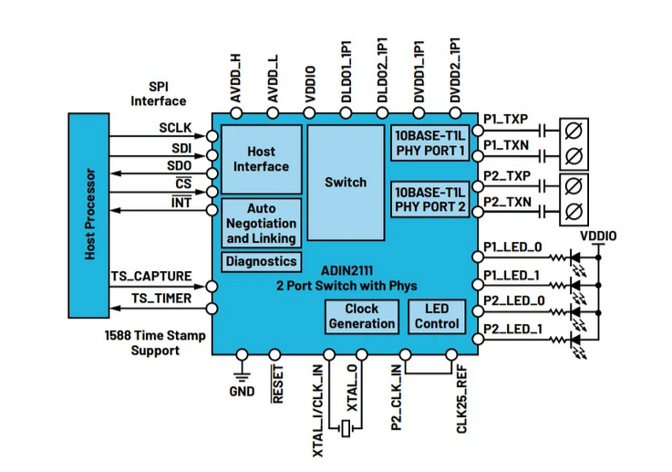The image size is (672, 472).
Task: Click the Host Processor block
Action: tap(88, 215)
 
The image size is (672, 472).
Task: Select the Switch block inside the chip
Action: tap(346, 183)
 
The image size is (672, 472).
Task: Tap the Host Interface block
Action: tap(262, 159)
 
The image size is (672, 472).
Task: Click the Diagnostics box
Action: tap(262, 261)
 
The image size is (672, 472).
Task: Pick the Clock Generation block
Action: tap(362, 316)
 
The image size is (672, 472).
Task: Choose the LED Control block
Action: tap(437, 316)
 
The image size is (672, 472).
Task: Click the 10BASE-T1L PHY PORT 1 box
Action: tap(429, 143)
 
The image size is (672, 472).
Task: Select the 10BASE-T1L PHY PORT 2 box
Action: tap(429, 200)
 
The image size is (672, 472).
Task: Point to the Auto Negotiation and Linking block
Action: tap(262, 223)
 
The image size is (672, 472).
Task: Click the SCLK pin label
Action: tap(175, 128)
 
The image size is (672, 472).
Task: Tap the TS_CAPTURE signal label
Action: tap(151, 276)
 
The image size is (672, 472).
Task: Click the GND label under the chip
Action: tap(243, 392)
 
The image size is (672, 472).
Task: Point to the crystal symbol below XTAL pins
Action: tap(346, 428)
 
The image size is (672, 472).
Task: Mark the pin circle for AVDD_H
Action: tap(236, 113)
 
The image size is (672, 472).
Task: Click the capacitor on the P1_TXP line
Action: tap(543, 131)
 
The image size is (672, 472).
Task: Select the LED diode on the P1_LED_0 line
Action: tap(575, 257)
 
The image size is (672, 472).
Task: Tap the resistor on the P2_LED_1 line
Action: tap(558, 340)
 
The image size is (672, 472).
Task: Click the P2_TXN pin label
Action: tap(508, 202)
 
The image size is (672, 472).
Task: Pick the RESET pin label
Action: tap(277, 384)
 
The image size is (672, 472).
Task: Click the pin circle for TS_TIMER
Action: tap(212, 309)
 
